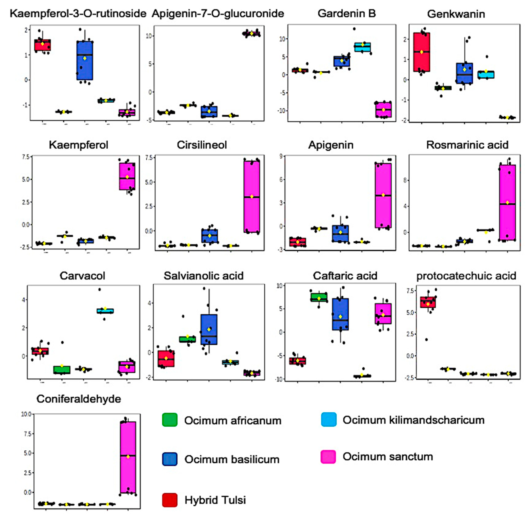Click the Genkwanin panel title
click(456, 14)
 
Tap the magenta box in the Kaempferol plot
click(127, 176)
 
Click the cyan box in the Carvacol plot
click(105, 311)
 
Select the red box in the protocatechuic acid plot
click(428, 302)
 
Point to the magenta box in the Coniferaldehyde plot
click(128, 457)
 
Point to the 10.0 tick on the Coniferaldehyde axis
click(26, 414)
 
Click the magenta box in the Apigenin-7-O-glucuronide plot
click(251, 34)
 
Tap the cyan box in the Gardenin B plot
click(363, 47)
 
